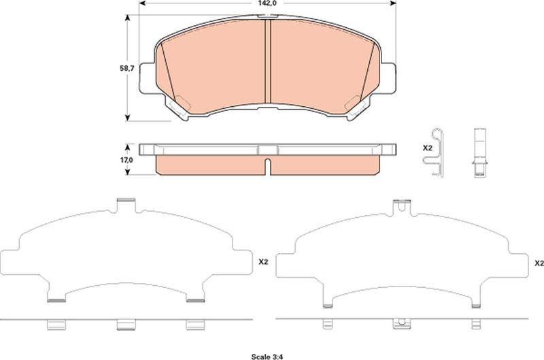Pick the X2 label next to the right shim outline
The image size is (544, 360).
point(538,263)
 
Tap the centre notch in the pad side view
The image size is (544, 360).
point(267,166)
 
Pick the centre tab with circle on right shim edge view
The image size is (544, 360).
point(403,325)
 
